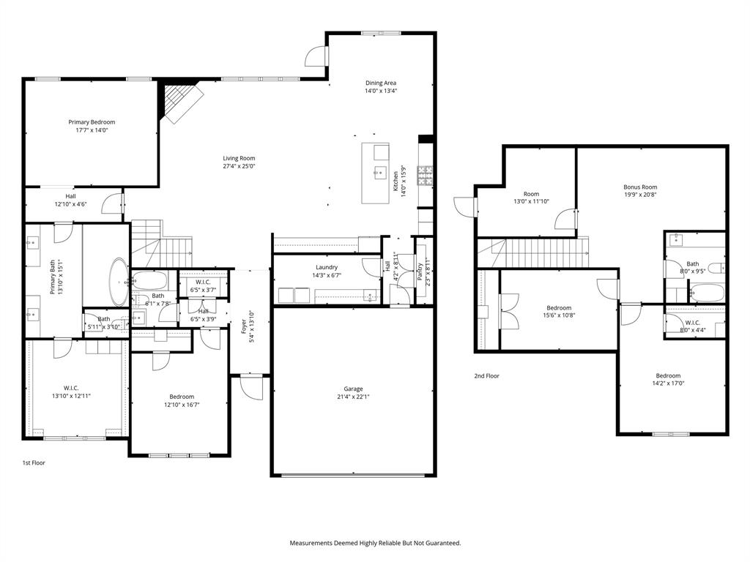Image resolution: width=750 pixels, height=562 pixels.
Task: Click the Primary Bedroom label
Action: tap(92, 122)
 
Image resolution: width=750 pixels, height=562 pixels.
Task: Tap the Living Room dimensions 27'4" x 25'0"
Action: tap(239, 166)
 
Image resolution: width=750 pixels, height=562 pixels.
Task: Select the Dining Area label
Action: tap(381, 83)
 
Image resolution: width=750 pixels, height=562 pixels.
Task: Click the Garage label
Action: tap(354, 389)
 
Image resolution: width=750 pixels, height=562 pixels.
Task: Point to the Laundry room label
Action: tap(326, 267)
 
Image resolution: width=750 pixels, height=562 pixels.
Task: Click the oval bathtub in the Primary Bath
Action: tap(118, 281)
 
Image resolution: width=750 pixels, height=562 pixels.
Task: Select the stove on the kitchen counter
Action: tap(425, 176)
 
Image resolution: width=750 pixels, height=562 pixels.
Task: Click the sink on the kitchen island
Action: tap(380, 173)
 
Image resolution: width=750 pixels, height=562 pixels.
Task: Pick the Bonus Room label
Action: tap(640, 187)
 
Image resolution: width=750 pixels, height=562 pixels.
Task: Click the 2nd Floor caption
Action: tap(486, 375)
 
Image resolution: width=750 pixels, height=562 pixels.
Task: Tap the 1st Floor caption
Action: tap(33, 462)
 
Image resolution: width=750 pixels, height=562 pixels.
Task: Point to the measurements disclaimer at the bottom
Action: tap(375, 543)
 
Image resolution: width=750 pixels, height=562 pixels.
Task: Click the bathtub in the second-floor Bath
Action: tap(707, 294)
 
